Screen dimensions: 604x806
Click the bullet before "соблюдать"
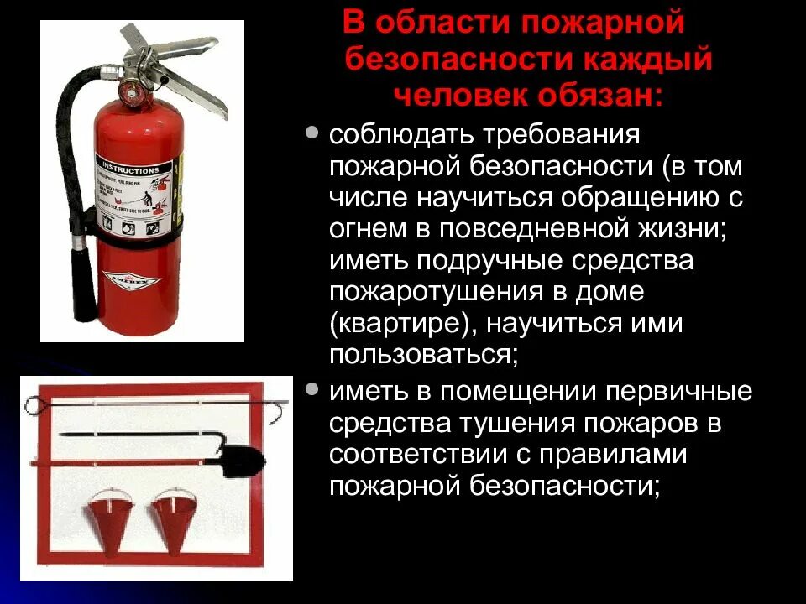312,133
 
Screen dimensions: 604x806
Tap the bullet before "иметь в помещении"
312,389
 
